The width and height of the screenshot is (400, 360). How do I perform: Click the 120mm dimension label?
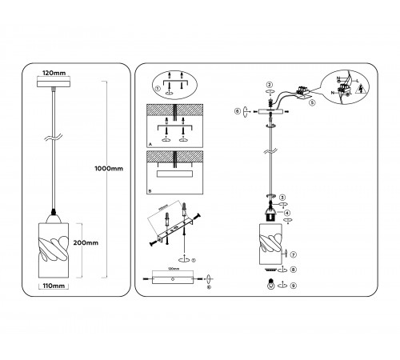coord(54,70)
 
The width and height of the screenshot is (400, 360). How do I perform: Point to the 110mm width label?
coord(54,286)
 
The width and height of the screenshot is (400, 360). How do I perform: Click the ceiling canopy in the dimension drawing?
coord(54,82)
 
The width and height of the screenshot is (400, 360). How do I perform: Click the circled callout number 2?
coord(270,84)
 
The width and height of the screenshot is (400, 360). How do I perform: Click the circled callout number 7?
coord(294,254)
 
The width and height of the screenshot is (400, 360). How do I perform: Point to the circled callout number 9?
coord(294,286)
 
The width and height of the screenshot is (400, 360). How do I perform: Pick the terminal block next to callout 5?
coord(302,90)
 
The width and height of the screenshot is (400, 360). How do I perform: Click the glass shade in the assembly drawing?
coord(270,244)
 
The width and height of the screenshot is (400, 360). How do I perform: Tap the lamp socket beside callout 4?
coord(270,214)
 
